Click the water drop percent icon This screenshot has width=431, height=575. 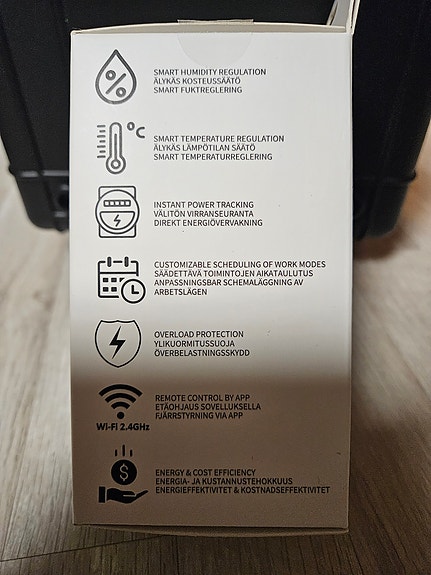click(x=117, y=78)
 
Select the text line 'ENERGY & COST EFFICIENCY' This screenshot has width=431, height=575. click(x=205, y=472)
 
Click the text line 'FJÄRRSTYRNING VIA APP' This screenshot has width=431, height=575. click(x=200, y=414)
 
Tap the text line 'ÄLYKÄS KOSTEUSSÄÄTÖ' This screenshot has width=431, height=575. click(x=194, y=80)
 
